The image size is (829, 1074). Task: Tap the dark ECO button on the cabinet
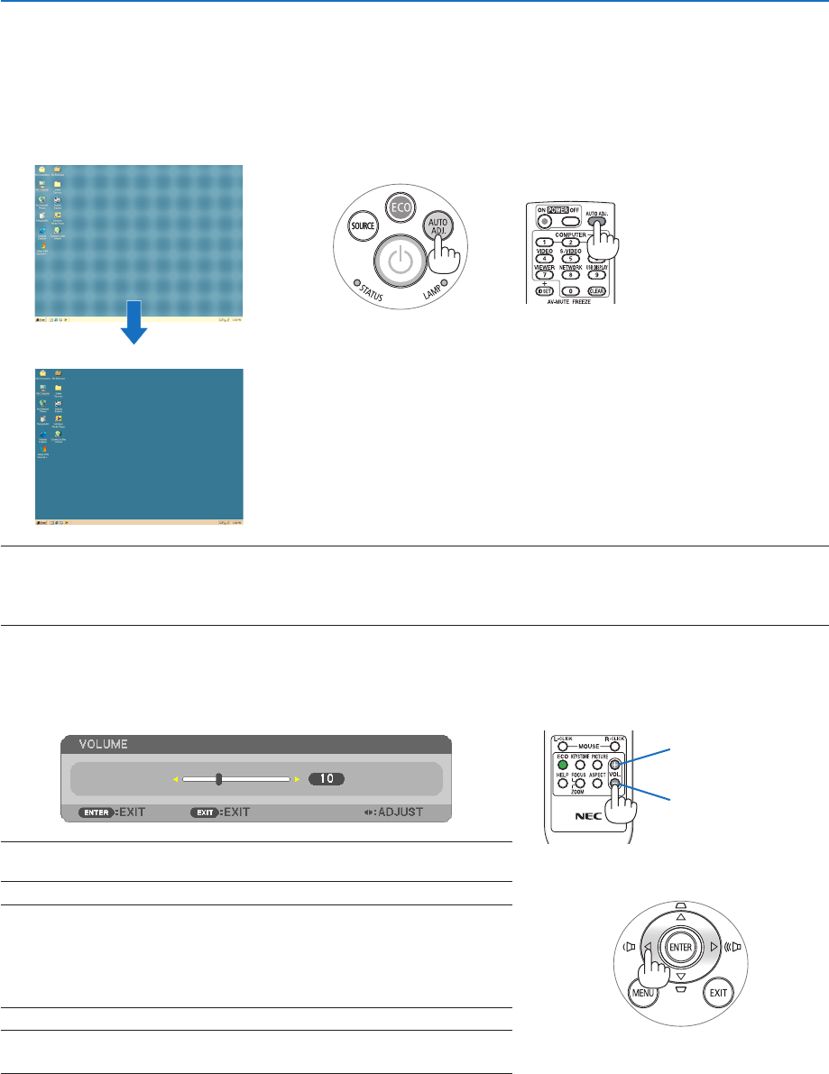point(399,207)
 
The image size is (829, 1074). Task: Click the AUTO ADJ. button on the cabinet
point(441,227)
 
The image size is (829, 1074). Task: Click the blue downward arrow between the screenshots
point(134,330)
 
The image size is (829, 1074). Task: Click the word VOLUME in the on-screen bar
point(102,744)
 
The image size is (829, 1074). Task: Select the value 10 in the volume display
point(327,778)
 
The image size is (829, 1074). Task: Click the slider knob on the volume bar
point(218,778)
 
